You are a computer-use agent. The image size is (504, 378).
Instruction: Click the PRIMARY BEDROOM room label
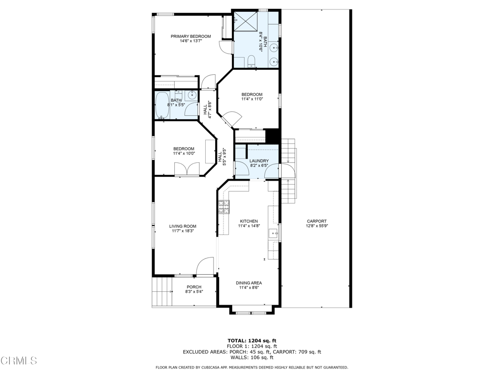[x=190, y=36]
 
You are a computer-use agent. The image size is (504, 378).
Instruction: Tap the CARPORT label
[x=316, y=221]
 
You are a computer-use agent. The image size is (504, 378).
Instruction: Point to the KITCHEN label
[x=249, y=221]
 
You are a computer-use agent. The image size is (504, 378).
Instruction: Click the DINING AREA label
[x=249, y=283]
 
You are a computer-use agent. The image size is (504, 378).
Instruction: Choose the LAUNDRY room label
[x=259, y=161]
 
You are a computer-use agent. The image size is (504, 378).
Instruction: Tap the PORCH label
[x=194, y=287]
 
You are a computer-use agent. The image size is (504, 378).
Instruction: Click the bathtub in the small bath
[x=162, y=105]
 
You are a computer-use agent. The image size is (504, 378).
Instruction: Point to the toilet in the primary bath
[x=251, y=62]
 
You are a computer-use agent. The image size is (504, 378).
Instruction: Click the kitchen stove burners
[x=224, y=207]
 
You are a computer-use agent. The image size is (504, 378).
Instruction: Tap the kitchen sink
[x=272, y=233]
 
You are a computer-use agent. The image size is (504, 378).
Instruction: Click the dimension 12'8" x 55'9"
[x=316, y=226]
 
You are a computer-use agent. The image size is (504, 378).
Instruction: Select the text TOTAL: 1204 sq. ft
[x=252, y=341]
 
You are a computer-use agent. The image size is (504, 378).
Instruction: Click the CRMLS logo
[x=19, y=361]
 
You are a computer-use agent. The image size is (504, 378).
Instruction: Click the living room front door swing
[x=205, y=267]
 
